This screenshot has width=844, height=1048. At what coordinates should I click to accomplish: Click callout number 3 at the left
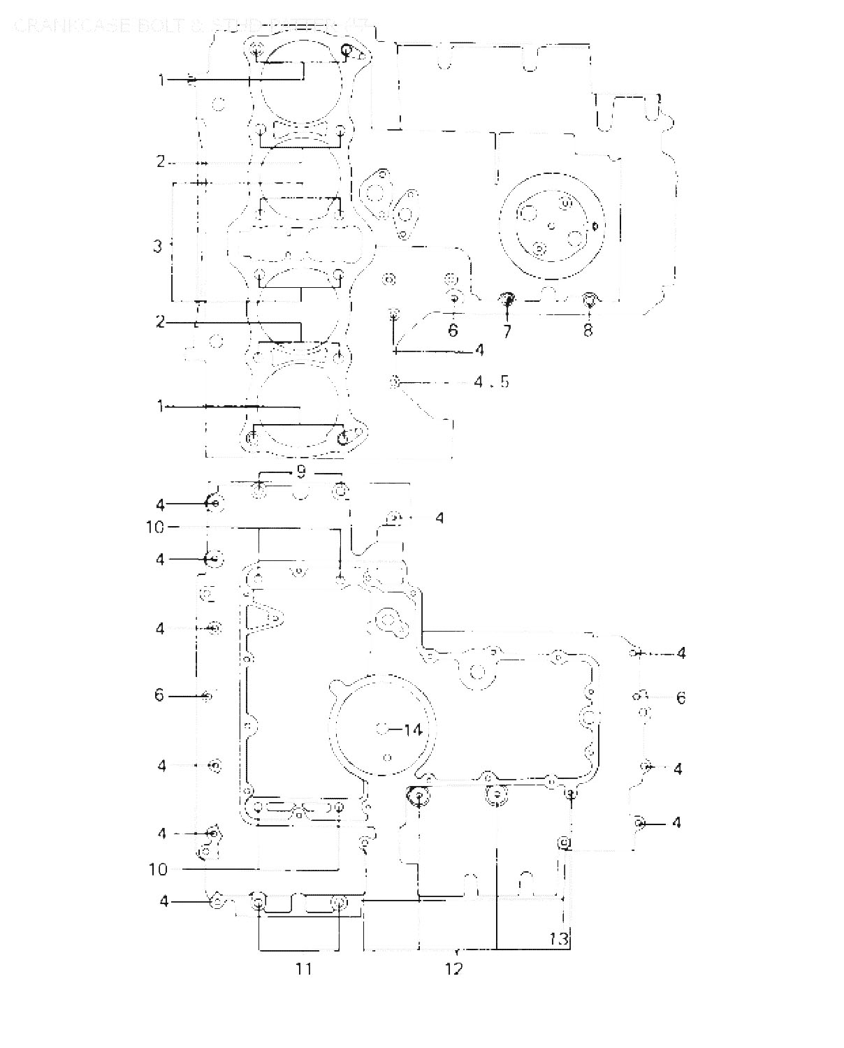(158, 246)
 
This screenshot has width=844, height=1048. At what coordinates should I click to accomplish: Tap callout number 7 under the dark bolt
(507, 330)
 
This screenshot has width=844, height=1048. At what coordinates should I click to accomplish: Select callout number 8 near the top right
(588, 330)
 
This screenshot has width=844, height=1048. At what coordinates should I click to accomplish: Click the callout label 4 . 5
(491, 382)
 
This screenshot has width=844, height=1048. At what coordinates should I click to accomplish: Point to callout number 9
(300, 472)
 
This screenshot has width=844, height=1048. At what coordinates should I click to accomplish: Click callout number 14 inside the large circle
(412, 730)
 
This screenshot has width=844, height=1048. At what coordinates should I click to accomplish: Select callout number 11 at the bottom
(303, 968)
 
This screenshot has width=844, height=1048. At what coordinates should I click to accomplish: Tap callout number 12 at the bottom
(453, 969)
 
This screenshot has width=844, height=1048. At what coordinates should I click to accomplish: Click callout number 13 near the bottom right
(559, 938)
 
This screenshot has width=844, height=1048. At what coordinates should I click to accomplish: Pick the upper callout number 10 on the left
(155, 527)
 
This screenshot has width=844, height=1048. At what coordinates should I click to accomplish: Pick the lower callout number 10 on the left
(158, 869)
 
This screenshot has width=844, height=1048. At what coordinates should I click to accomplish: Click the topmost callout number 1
(161, 80)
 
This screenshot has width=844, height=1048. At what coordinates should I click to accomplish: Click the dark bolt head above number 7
(507, 300)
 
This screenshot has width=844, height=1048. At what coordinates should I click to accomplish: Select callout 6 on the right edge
(681, 697)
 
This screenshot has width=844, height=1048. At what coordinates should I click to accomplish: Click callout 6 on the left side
(159, 695)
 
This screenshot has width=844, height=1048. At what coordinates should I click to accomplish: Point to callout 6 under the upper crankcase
(453, 330)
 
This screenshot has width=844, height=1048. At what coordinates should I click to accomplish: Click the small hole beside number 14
(383, 729)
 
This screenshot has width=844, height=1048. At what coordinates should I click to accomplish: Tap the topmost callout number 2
(161, 162)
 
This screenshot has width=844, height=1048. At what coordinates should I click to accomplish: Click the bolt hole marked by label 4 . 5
(395, 381)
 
